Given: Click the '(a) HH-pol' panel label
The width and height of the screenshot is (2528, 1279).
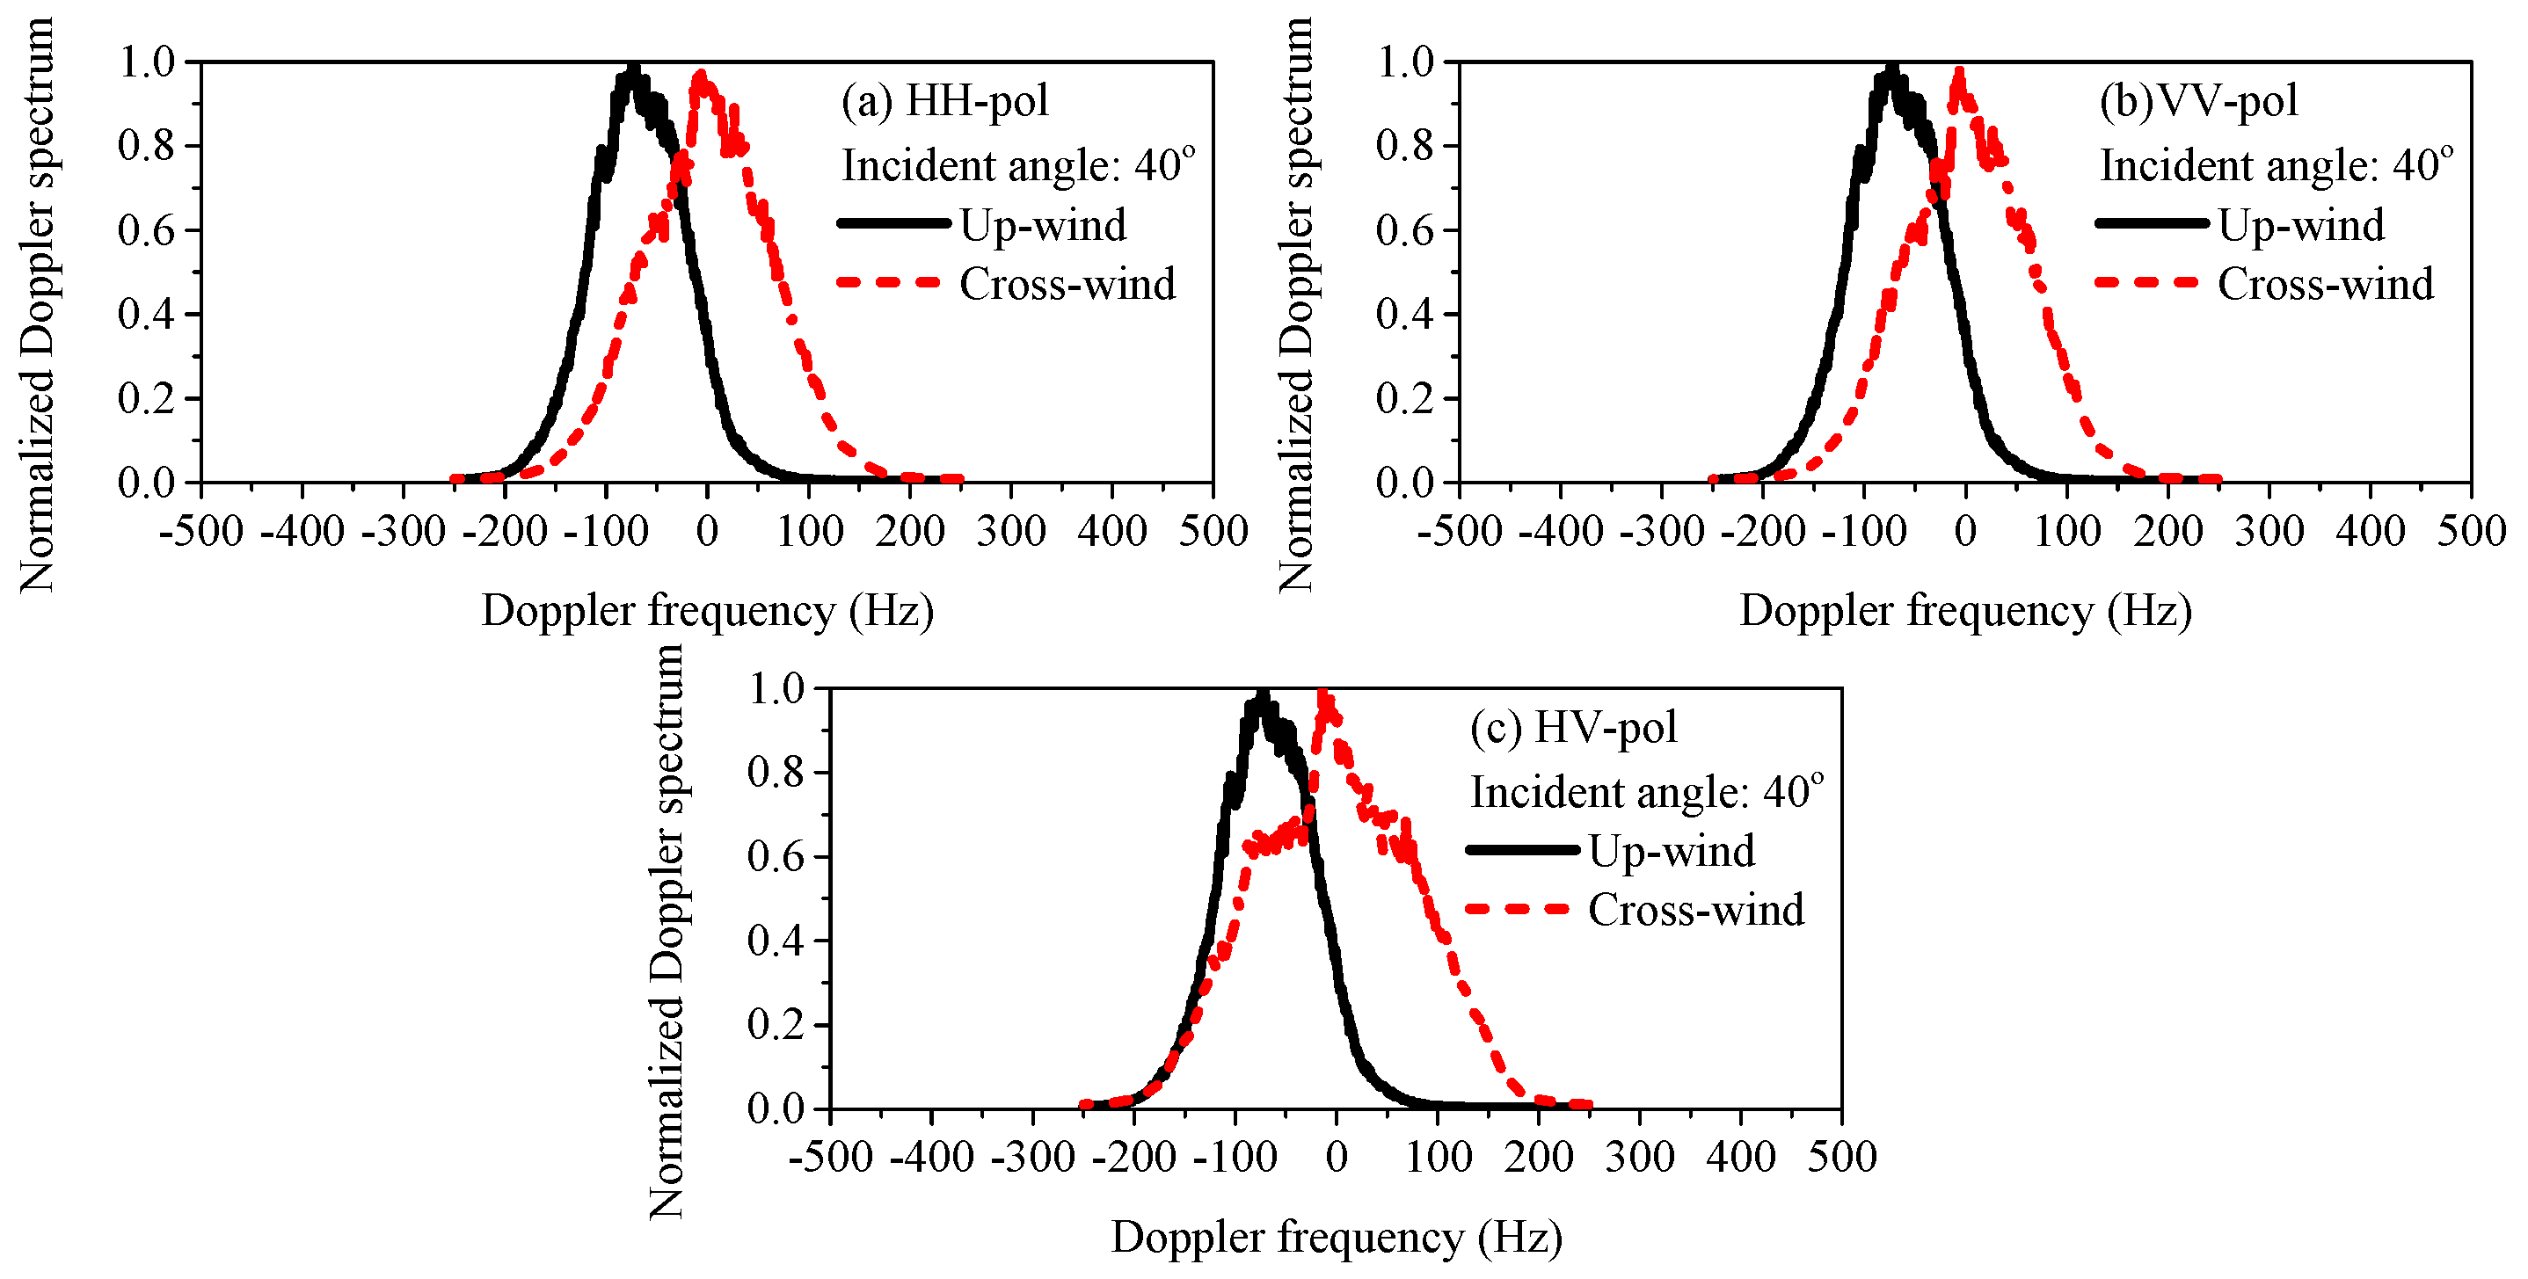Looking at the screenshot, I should [x=944, y=101].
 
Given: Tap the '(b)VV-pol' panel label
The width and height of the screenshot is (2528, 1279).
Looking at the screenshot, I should [x=2198, y=101].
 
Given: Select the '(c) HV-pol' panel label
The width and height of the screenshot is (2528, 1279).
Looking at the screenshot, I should [x=1573, y=728].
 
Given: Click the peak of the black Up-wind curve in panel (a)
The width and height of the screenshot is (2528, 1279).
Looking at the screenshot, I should [x=633, y=71].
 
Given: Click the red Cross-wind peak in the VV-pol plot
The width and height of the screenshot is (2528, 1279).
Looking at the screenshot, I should [x=1959, y=74].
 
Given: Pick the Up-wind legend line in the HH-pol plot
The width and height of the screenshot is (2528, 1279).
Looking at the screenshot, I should [x=893, y=223].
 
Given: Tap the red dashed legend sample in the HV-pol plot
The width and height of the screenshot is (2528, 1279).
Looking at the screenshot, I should [x=1521, y=909].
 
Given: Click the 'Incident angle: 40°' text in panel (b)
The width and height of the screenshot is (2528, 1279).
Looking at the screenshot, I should [x=2276, y=164].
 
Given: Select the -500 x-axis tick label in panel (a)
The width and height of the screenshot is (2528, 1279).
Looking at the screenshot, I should [x=201, y=532].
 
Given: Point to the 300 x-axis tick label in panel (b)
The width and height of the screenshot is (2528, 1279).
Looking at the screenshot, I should [x=2268, y=532].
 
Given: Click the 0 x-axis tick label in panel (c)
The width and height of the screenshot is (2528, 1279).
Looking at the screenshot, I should [x=1337, y=1158].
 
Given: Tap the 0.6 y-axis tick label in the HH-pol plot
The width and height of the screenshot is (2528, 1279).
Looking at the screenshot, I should [x=145, y=230].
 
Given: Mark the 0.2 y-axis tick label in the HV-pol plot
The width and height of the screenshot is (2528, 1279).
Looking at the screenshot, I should [x=775, y=1025].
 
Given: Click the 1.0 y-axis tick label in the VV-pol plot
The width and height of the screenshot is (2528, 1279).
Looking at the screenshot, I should [x=1404, y=62].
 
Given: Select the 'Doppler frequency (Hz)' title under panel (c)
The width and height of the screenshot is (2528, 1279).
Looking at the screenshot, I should [x=1336, y=1238].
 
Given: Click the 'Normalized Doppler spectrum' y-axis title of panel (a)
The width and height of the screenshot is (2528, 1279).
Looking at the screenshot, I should [x=36, y=304].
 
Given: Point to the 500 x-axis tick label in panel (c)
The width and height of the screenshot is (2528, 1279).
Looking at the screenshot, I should [x=1842, y=1158].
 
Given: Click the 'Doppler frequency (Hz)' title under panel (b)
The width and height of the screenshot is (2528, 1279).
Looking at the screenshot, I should [x=1964, y=611].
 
